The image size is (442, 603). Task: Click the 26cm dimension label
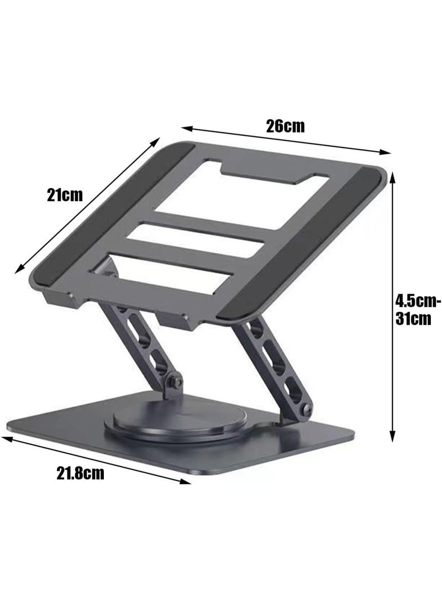click(x=285, y=126)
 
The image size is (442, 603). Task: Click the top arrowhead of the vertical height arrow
click(x=393, y=175)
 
